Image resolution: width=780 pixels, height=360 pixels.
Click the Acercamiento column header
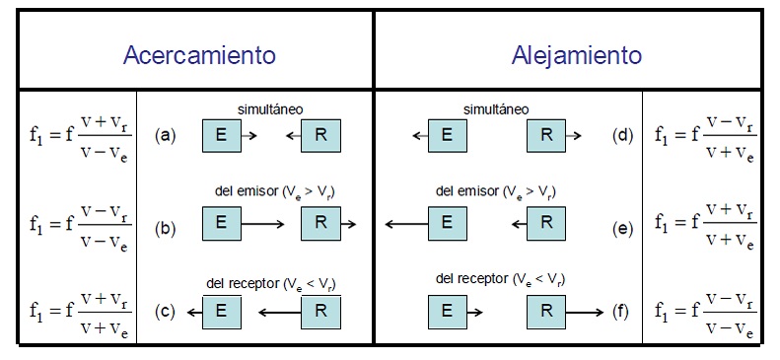pos(198,55)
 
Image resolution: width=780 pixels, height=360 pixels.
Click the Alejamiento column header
pos(577,55)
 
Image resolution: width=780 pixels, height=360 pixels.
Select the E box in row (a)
pos(221,134)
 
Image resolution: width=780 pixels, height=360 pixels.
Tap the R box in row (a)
pos(320,134)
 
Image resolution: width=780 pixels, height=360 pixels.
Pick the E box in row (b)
pos(221,225)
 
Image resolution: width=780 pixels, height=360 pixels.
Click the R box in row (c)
pos(320,313)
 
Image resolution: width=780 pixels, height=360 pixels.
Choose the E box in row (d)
pos(448,134)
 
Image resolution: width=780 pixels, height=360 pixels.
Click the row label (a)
pos(166,135)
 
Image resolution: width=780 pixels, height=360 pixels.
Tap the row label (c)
pos(166,313)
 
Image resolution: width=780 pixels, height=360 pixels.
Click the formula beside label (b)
pos(78,226)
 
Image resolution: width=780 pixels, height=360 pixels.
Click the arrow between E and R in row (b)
pos(269,225)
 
